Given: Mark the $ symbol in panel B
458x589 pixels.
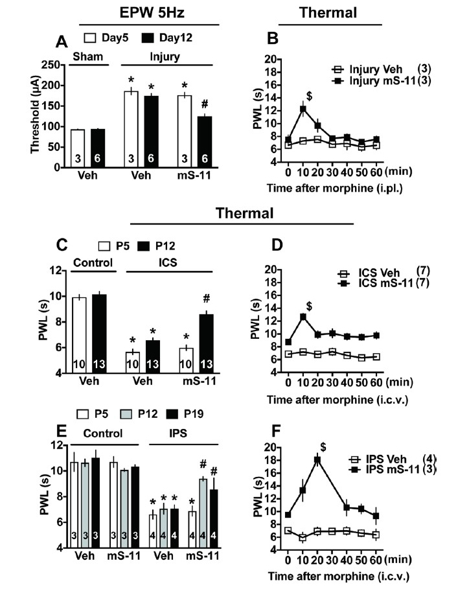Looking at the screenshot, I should [x=310, y=95].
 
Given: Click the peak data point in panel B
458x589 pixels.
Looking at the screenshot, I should [x=302, y=109].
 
